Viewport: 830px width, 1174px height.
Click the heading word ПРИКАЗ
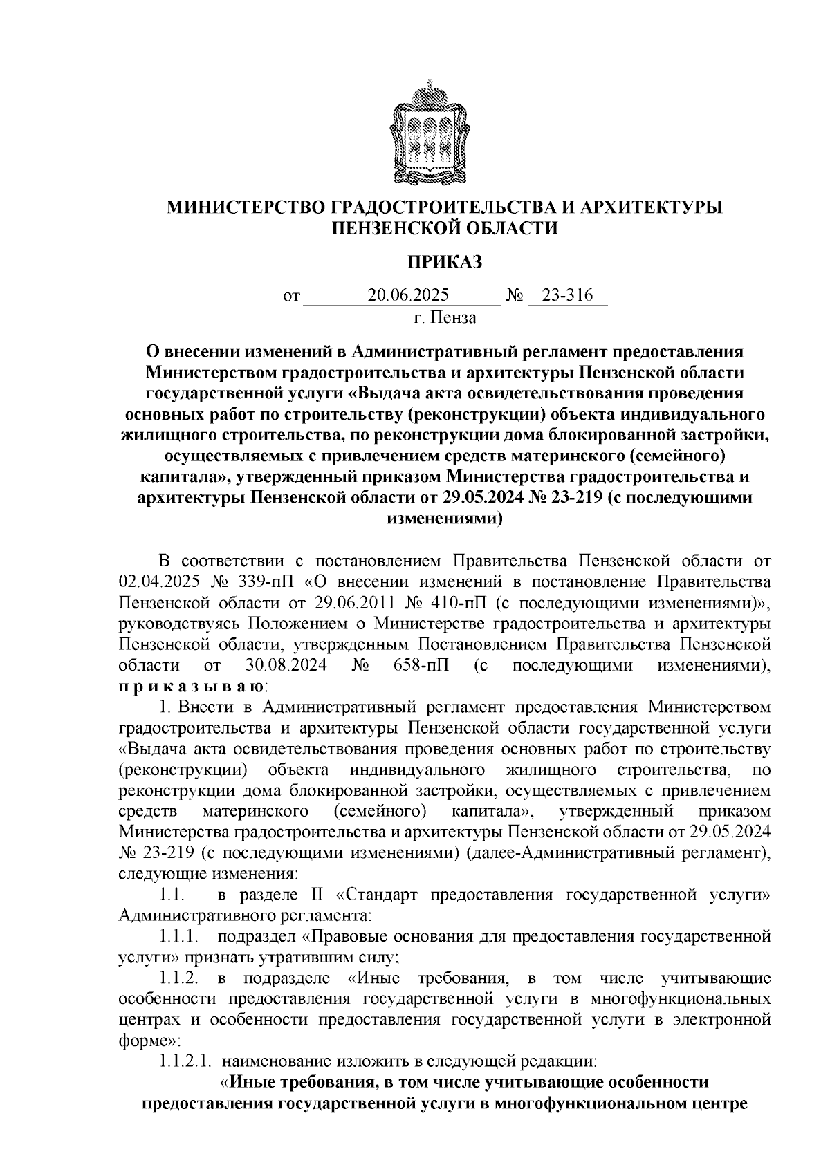coord(445,262)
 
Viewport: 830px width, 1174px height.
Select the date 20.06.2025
coord(408,295)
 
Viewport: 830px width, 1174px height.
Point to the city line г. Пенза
coord(445,317)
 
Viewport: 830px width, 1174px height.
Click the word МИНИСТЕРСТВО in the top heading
coord(243,207)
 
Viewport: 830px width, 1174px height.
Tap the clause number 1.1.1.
coord(179,938)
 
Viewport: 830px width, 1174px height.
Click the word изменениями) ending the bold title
coord(444,519)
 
